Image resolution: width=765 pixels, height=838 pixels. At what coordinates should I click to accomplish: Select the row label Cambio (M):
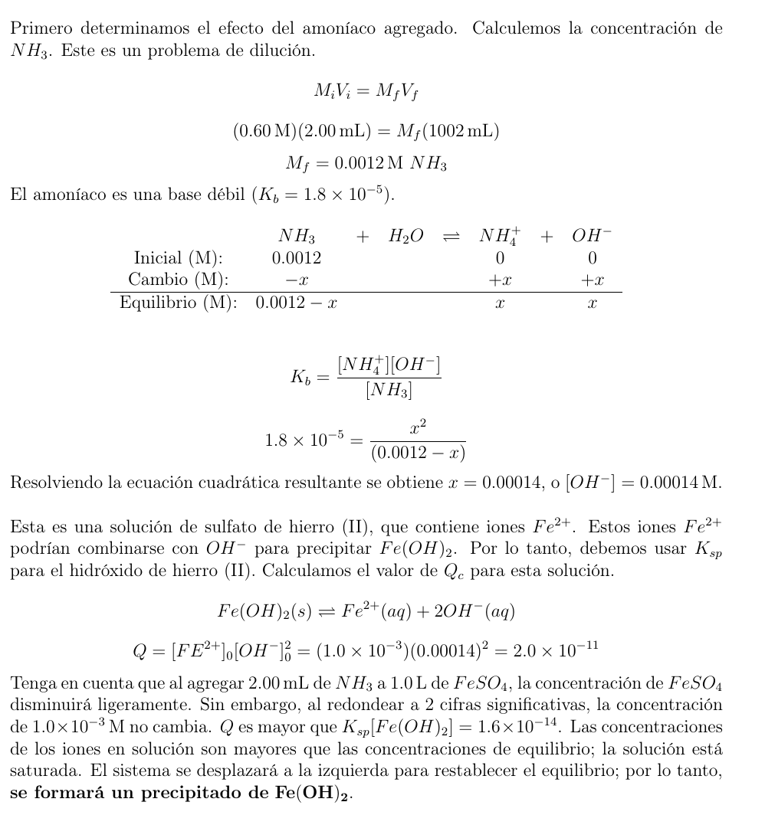pos(179,280)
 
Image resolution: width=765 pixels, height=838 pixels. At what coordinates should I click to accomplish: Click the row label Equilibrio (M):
pos(178,303)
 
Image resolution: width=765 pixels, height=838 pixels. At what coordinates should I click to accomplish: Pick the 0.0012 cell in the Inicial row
pos(297,258)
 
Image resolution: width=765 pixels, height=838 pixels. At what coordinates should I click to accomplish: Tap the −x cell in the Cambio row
pos(297,280)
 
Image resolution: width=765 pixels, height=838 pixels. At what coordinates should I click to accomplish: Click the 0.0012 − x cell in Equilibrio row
pos(297,303)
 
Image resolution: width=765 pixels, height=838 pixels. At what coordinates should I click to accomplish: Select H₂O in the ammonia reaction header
pos(405,237)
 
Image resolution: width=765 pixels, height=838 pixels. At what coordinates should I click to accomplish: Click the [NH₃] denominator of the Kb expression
pos(389,391)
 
